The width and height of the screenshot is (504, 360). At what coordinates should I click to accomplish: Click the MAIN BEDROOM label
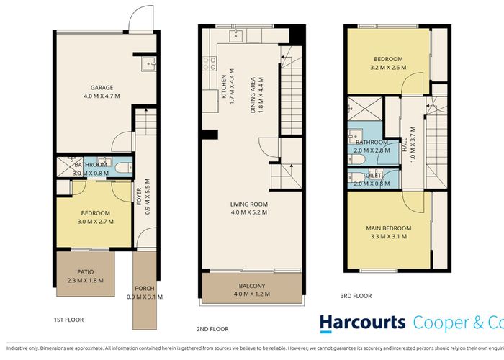point(388,228)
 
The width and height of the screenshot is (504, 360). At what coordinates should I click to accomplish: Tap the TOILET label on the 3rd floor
point(372,175)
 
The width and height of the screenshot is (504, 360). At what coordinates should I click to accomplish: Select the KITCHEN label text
point(224,86)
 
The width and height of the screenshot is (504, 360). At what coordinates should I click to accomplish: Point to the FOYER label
point(139,197)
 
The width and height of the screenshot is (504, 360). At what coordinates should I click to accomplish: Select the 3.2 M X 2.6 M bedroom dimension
point(387,67)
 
